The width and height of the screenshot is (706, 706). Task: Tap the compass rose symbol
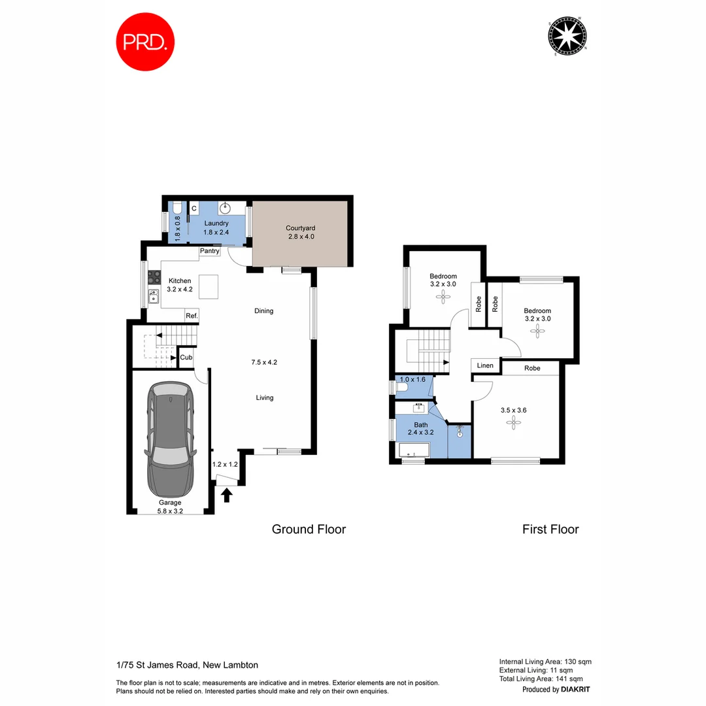[566, 36]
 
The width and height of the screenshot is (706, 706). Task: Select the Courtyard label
[300, 232]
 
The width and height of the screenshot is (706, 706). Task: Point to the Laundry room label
[216, 227]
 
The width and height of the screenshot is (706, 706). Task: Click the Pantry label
[210, 251]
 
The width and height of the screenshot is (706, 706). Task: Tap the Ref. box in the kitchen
[192, 316]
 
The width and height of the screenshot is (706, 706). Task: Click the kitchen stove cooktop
[154, 277]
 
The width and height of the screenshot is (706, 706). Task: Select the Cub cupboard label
[186, 358]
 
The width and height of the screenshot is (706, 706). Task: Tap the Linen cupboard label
[485, 365]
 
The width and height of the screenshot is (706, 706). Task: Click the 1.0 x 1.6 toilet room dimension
[412, 379]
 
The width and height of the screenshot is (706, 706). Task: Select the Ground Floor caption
[309, 529]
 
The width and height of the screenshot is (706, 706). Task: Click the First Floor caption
[550, 529]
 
